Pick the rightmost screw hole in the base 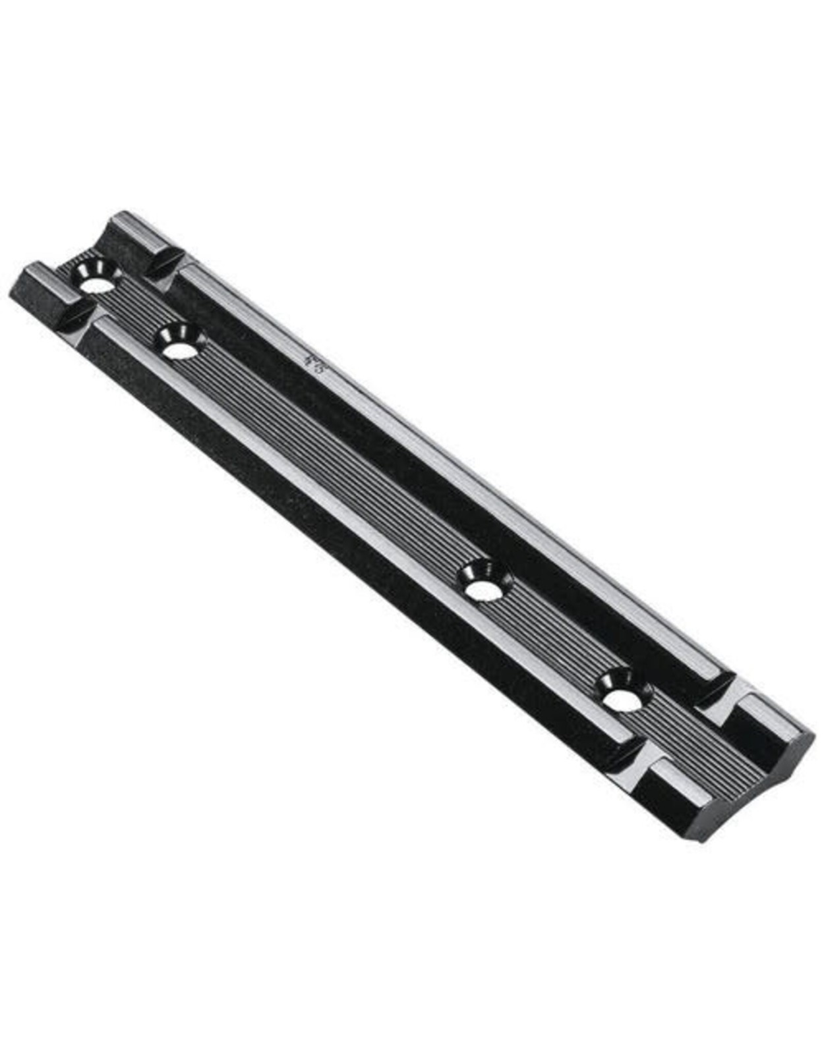[623, 700]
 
